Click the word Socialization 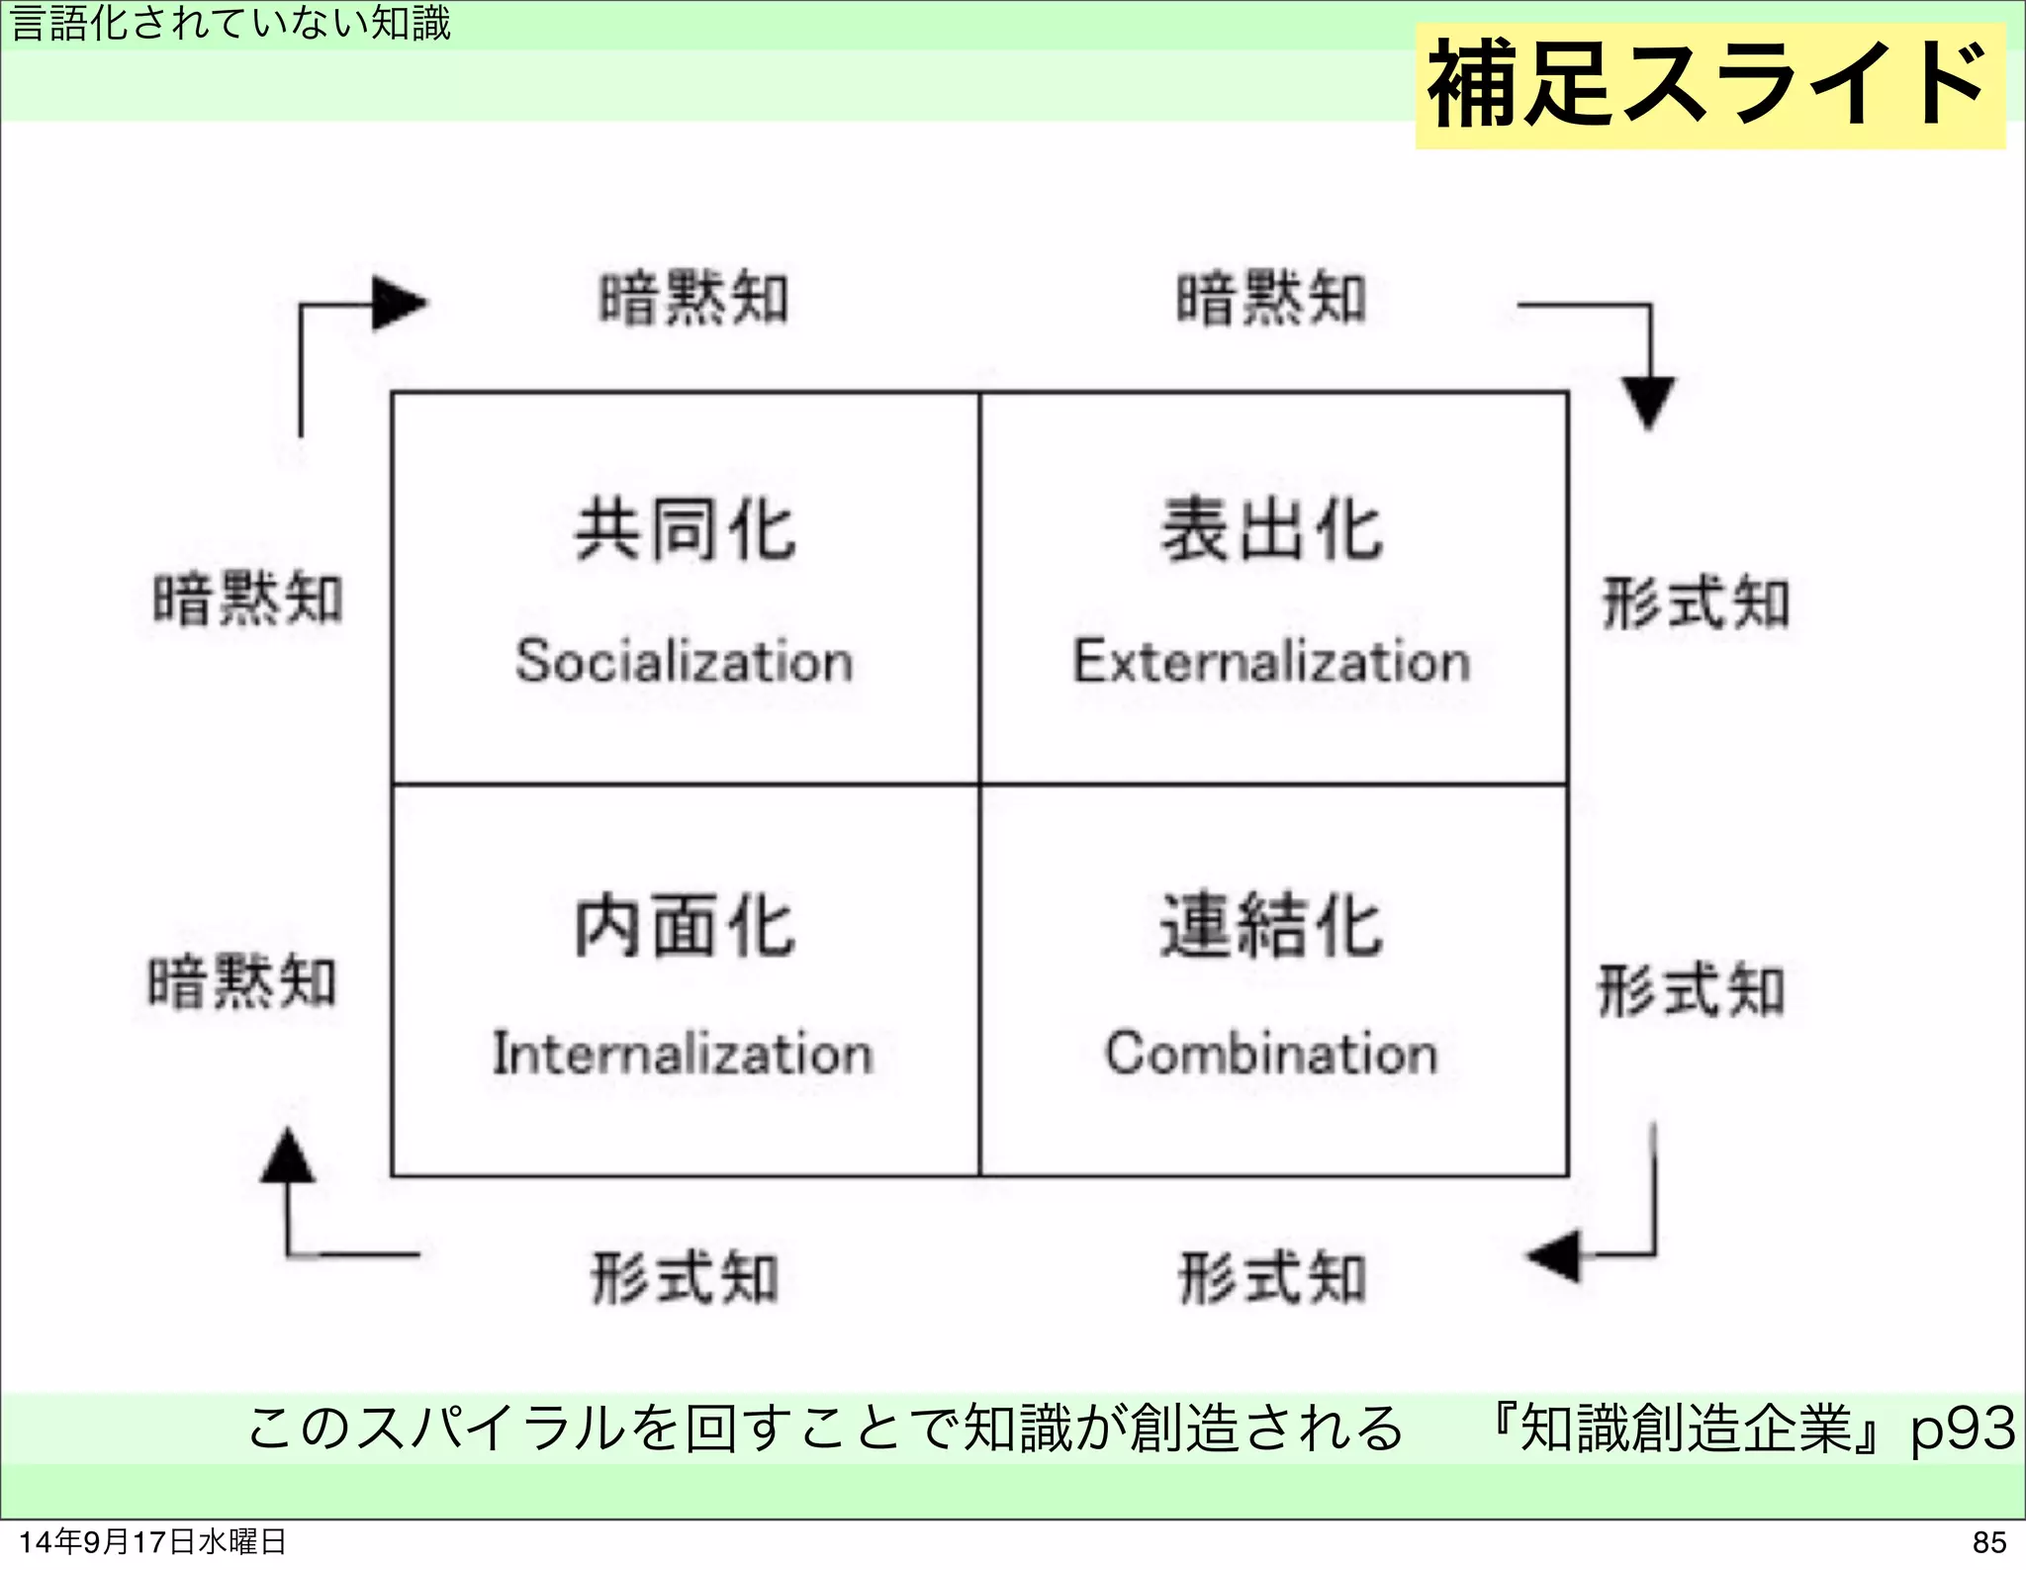[x=684, y=660]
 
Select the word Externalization [x=1272, y=660]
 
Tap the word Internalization [x=683, y=1053]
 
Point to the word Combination [x=1271, y=1053]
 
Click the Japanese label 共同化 [x=685, y=531]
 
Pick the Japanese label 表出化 [x=1271, y=531]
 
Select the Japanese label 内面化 [x=685, y=926]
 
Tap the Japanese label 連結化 [x=1271, y=926]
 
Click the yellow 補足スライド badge [x=1709, y=85]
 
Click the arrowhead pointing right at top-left [x=398, y=303]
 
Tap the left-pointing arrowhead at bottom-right [x=1555, y=1255]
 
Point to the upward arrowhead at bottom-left [x=288, y=1156]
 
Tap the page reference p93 [x=1962, y=1428]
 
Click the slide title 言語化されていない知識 [x=230, y=23]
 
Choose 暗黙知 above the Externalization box [x=1271, y=298]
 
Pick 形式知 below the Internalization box [x=685, y=1277]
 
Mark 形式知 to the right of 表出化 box [x=1696, y=602]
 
